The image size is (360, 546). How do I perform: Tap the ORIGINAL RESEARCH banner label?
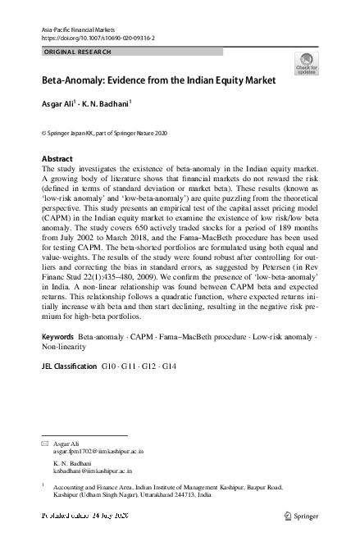76,52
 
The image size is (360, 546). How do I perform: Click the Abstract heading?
57,158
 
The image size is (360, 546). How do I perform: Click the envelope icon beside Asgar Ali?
44,443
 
